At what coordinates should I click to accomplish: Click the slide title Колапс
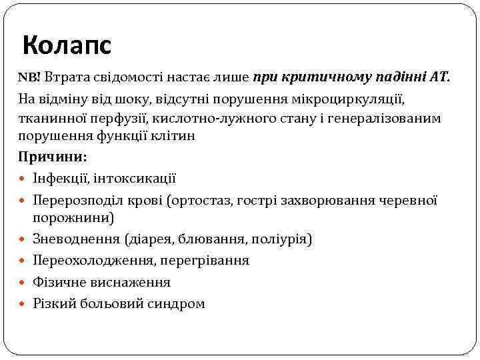67,46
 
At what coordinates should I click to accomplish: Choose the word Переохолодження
90,260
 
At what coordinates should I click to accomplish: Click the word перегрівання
207,260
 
